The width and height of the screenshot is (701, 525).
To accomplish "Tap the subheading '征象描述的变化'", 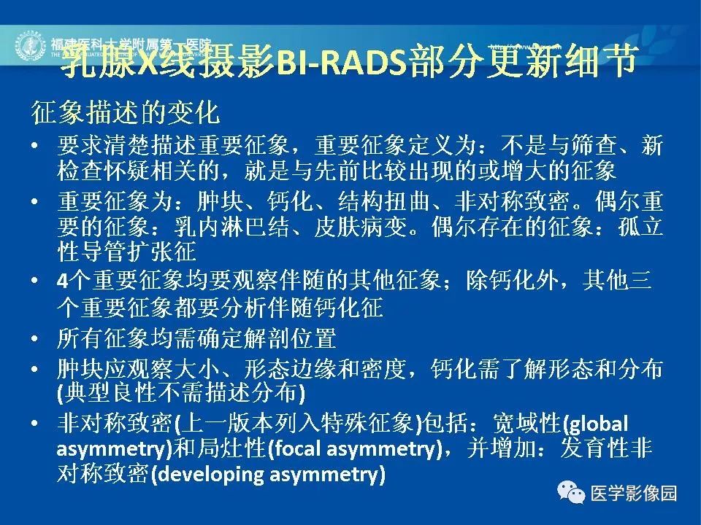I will [x=124, y=113].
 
